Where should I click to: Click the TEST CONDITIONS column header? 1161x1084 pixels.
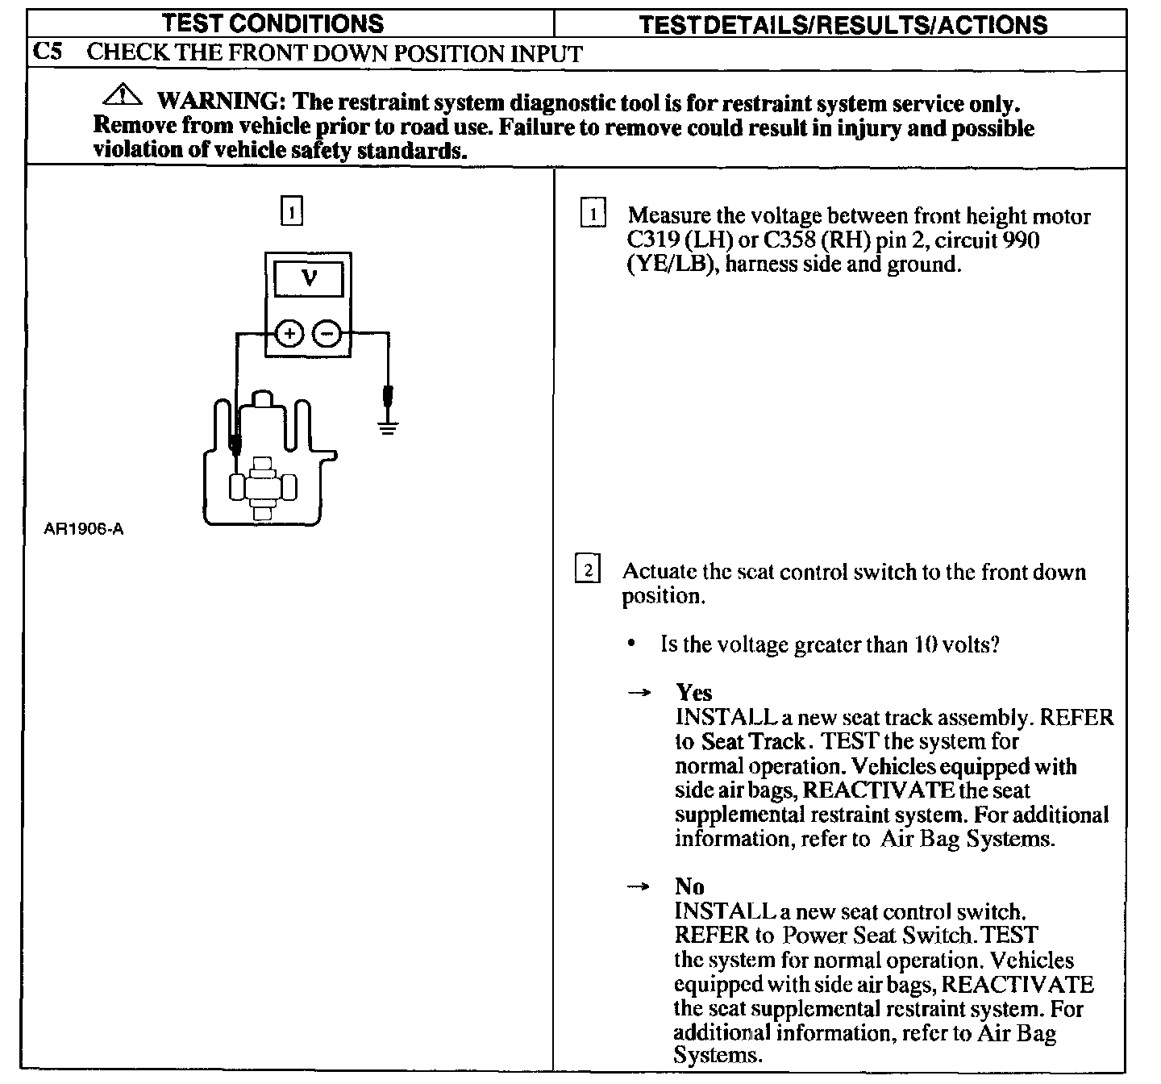pyautogui.click(x=273, y=23)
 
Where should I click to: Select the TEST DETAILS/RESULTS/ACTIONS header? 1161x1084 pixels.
pyautogui.click(x=843, y=25)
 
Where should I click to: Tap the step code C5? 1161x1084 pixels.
pyautogui.click(x=48, y=53)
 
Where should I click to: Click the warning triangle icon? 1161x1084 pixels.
pyautogui.click(x=122, y=96)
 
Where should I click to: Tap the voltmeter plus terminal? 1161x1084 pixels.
pyautogui.click(x=289, y=332)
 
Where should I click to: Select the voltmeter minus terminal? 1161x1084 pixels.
pyautogui.click(x=327, y=332)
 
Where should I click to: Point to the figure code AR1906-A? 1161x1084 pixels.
pyautogui.click(x=84, y=530)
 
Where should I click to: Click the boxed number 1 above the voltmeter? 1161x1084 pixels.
pyautogui.click(x=291, y=211)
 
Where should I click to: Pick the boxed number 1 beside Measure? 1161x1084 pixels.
pyautogui.click(x=593, y=215)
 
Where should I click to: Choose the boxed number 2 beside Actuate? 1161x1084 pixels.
pyautogui.click(x=587, y=570)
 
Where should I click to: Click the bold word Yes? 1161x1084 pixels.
pyautogui.click(x=694, y=693)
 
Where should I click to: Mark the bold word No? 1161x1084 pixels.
pyautogui.click(x=690, y=886)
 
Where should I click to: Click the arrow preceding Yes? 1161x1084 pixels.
pyautogui.click(x=639, y=693)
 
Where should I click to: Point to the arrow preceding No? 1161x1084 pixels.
pyautogui.click(x=639, y=886)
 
